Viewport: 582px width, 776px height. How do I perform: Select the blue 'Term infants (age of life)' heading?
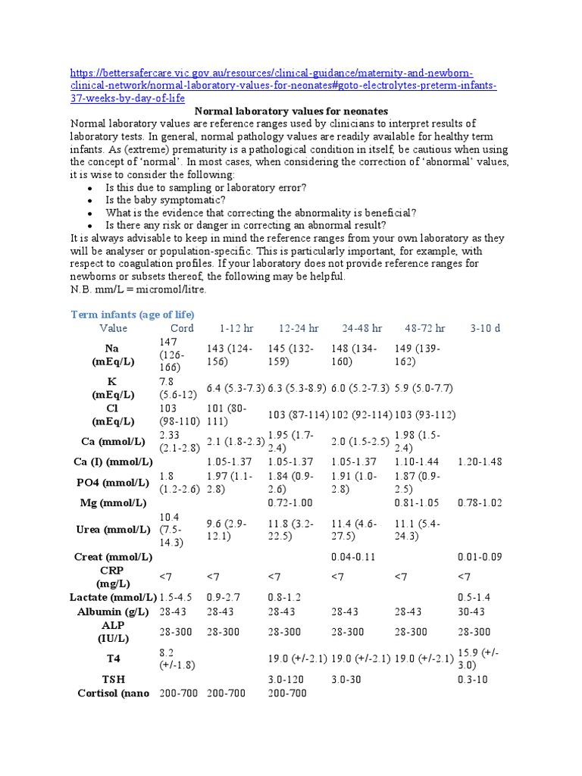(x=133, y=314)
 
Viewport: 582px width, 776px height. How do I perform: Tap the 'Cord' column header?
(x=182, y=328)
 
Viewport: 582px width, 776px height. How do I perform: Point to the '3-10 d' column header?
(x=485, y=328)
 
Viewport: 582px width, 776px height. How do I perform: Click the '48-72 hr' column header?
(x=425, y=328)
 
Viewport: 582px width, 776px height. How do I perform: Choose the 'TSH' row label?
(x=113, y=680)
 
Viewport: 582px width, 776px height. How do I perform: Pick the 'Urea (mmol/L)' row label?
(x=113, y=530)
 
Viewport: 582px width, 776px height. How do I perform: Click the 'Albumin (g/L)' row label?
(x=113, y=612)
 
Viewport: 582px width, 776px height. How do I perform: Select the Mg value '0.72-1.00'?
(x=291, y=502)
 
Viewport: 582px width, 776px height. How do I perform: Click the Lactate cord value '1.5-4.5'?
(x=177, y=597)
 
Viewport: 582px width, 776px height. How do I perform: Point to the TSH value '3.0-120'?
(x=287, y=680)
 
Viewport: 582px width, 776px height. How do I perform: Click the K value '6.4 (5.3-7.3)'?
(x=235, y=388)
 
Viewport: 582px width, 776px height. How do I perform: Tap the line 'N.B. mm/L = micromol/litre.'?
(x=137, y=289)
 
